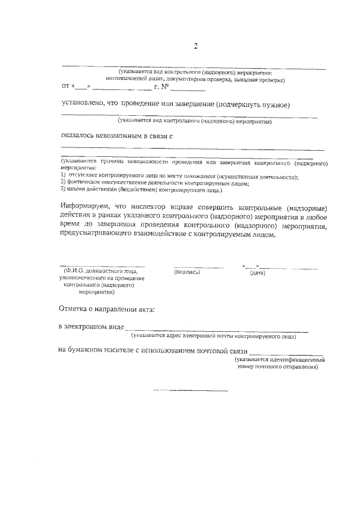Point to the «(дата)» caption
coord(258,272)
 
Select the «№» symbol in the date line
coord(164,87)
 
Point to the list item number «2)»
coord(64,183)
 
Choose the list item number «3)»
coord(64,190)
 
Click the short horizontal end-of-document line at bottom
coord(191,390)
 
